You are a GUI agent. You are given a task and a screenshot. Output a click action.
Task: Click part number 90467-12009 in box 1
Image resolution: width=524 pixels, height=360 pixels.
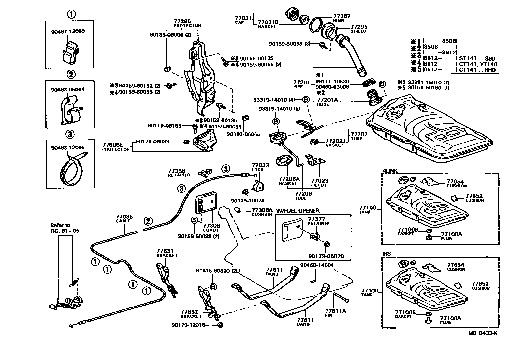[x=68, y=32]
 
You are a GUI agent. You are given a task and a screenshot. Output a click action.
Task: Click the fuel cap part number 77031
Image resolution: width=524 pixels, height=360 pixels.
[x=243, y=18]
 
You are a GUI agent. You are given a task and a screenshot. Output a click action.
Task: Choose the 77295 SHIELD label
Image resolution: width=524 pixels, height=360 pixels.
[x=358, y=29]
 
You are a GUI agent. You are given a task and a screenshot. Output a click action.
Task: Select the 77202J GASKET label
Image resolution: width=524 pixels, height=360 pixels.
[x=335, y=142]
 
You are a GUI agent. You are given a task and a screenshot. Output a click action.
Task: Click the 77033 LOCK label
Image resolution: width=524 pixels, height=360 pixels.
[x=260, y=167]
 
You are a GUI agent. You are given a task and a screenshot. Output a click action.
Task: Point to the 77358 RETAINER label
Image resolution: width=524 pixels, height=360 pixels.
[x=179, y=172]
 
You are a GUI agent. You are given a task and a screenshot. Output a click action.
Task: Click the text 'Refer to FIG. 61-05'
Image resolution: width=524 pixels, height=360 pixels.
[x=65, y=228]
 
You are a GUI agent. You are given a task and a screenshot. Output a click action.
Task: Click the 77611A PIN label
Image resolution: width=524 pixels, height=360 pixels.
[x=335, y=313]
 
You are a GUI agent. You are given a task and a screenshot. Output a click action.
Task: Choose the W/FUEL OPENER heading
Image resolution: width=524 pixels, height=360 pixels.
[x=298, y=210]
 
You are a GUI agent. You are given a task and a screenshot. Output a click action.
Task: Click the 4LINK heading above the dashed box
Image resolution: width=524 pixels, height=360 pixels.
[x=389, y=170]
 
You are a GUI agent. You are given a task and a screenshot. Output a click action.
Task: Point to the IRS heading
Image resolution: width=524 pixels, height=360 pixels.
[x=386, y=254]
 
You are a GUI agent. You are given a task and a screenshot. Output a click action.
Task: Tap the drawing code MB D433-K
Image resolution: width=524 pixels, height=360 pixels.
[x=483, y=333]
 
